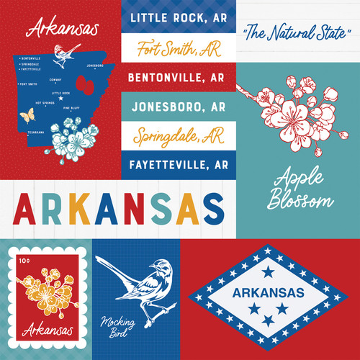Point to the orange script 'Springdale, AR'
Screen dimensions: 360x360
tap(179, 135)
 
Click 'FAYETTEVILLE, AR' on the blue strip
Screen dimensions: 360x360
tap(179, 164)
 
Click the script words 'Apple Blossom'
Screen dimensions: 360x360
tap(296, 188)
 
